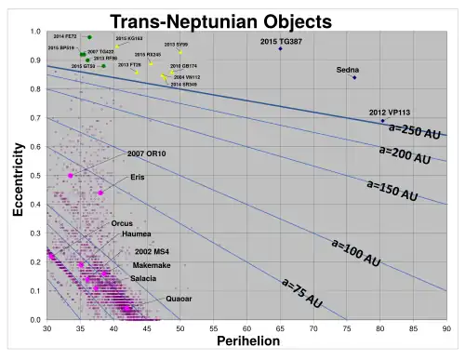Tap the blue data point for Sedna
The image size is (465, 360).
tap(354, 77)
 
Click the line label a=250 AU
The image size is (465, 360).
tap(414, 132)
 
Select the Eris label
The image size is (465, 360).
tap(138, 177)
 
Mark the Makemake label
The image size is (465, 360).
tap(147, 265)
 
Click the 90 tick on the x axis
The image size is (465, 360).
tap(446, 328)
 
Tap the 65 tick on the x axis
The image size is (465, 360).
tap(280, 328)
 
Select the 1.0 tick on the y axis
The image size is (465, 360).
tap(35, 32)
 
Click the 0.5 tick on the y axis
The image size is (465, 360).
tap(35, 176)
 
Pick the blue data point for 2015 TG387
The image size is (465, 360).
tap(280, 48)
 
